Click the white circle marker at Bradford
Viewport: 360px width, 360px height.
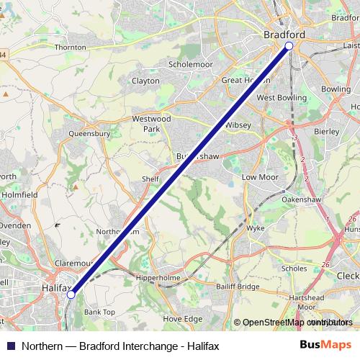point(289,46)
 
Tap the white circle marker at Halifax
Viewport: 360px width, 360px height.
point(71,294)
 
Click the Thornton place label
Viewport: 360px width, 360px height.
point(70,47)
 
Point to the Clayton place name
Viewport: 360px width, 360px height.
point(145,81)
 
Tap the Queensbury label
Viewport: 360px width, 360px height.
point(89,133)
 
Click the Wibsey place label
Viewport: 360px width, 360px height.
point(238,125)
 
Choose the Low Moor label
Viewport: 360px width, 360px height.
point(258,176)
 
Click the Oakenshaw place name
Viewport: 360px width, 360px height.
point(302,198)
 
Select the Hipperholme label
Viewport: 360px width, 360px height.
point(156,275)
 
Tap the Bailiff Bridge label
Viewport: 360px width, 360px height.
point(238,287)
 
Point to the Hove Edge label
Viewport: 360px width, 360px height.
point(183,318)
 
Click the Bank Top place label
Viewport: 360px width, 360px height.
point(99,312)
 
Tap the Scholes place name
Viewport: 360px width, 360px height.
point(294,269)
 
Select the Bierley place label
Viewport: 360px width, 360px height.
point(326,132)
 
